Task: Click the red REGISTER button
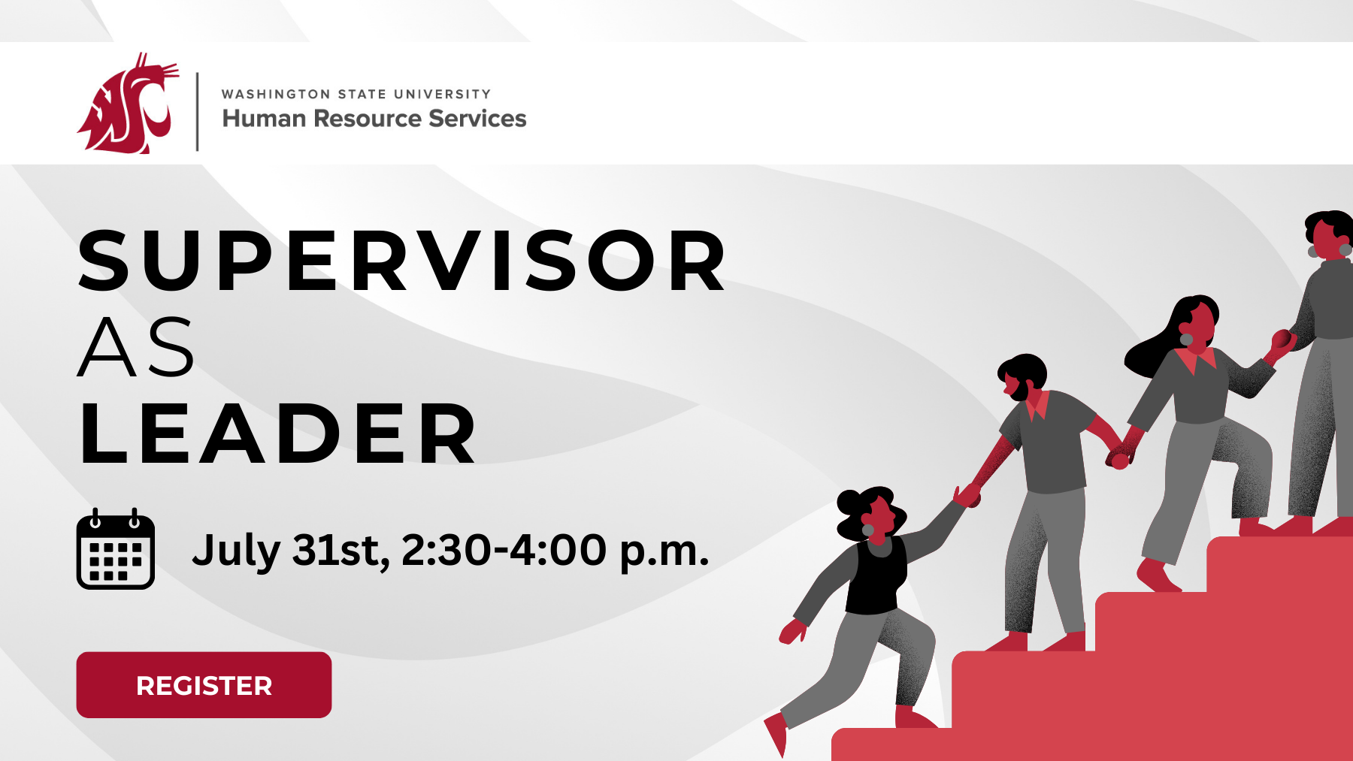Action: pos(204,684)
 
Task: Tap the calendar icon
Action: pos(116,550)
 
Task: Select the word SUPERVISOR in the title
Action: pos(402,261)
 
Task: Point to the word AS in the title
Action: pos(136,347)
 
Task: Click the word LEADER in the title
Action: pos(278,434)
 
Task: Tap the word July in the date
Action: pos(235,551)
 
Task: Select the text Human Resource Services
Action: pos(374,119)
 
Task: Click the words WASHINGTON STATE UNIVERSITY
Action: pos(356,94)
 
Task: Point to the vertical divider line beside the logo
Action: pos(198,111)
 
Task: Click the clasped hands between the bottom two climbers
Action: pos(967,496)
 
